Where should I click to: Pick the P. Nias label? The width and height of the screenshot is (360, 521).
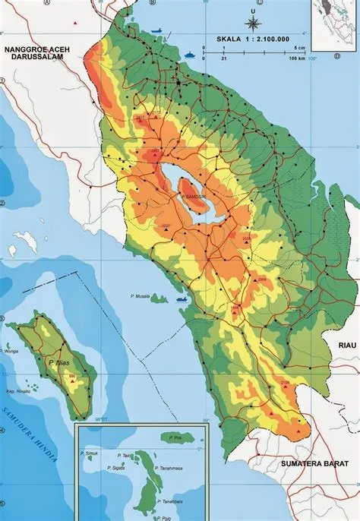(x=55, y=363)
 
